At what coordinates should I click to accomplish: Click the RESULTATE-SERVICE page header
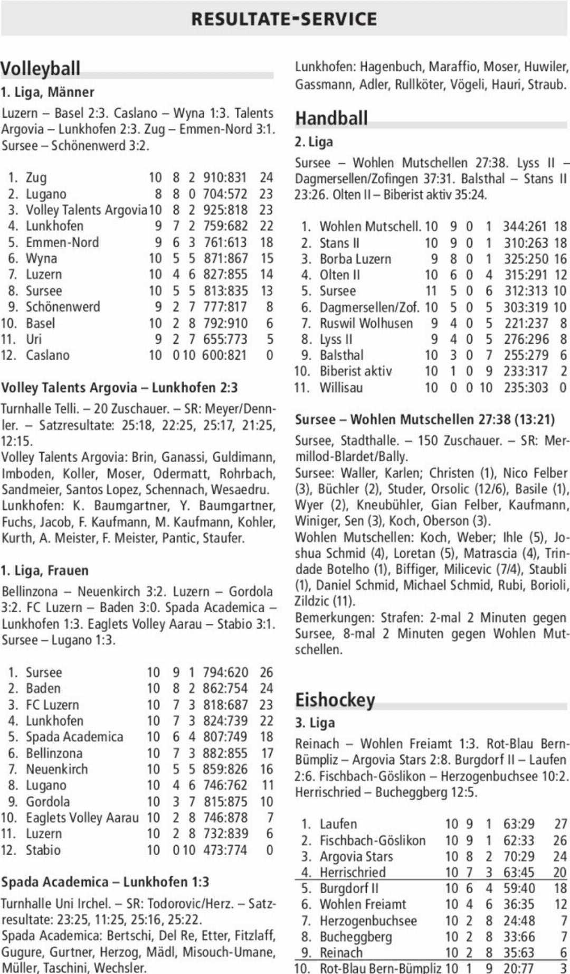click(x=284, y=19)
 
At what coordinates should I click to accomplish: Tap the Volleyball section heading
click(x=41, y=69)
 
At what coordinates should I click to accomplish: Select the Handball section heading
click(x=331, y=118)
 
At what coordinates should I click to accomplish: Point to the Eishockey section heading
click(x=335, y=700)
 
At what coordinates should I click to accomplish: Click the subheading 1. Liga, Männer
click(x=47, y=92)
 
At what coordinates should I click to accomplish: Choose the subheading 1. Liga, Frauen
click(x=45, y=570)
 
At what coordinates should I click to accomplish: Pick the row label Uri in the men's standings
click(x=34, y=339)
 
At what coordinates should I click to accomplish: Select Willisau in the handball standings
click(x=341, y=388)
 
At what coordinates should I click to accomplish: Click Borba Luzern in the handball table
click(x=355, y=259)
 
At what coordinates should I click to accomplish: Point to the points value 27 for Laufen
click(x=560, y=824)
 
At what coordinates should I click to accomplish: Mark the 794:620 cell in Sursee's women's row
click(x=225, y=672)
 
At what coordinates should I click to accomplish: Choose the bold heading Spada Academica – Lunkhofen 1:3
click(x=105, y=882)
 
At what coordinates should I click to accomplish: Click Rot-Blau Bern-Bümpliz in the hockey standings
click(x=381, y=968)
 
